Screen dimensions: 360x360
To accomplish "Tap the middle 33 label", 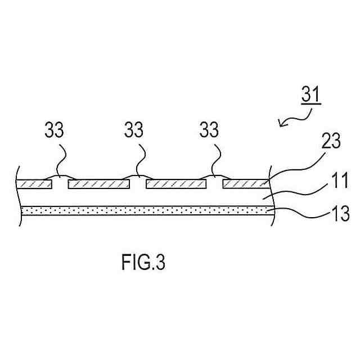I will click(x=133, y=130).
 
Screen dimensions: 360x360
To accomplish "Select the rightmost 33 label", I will click(x=209, y=130).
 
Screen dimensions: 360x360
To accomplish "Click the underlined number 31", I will click(x=310, y=94).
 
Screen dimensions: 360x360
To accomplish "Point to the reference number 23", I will click(x=331, y=141).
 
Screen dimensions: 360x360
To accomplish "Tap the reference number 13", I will click(x=339, y=214).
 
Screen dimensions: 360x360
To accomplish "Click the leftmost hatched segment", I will click(x=33, y=184).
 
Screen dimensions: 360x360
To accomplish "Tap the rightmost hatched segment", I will click(x=245, y=184).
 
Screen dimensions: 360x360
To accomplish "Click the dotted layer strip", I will click(x=141, y=210).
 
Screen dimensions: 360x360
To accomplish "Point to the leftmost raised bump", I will click(x=59, y=177).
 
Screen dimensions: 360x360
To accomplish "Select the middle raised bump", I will click(x=136, y=177).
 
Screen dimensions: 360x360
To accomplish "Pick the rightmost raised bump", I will click(x=212, y=177).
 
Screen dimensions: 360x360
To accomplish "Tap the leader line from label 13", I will click(x=298, y=211).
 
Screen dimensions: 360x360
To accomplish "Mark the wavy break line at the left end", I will click(x=20, y=194).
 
